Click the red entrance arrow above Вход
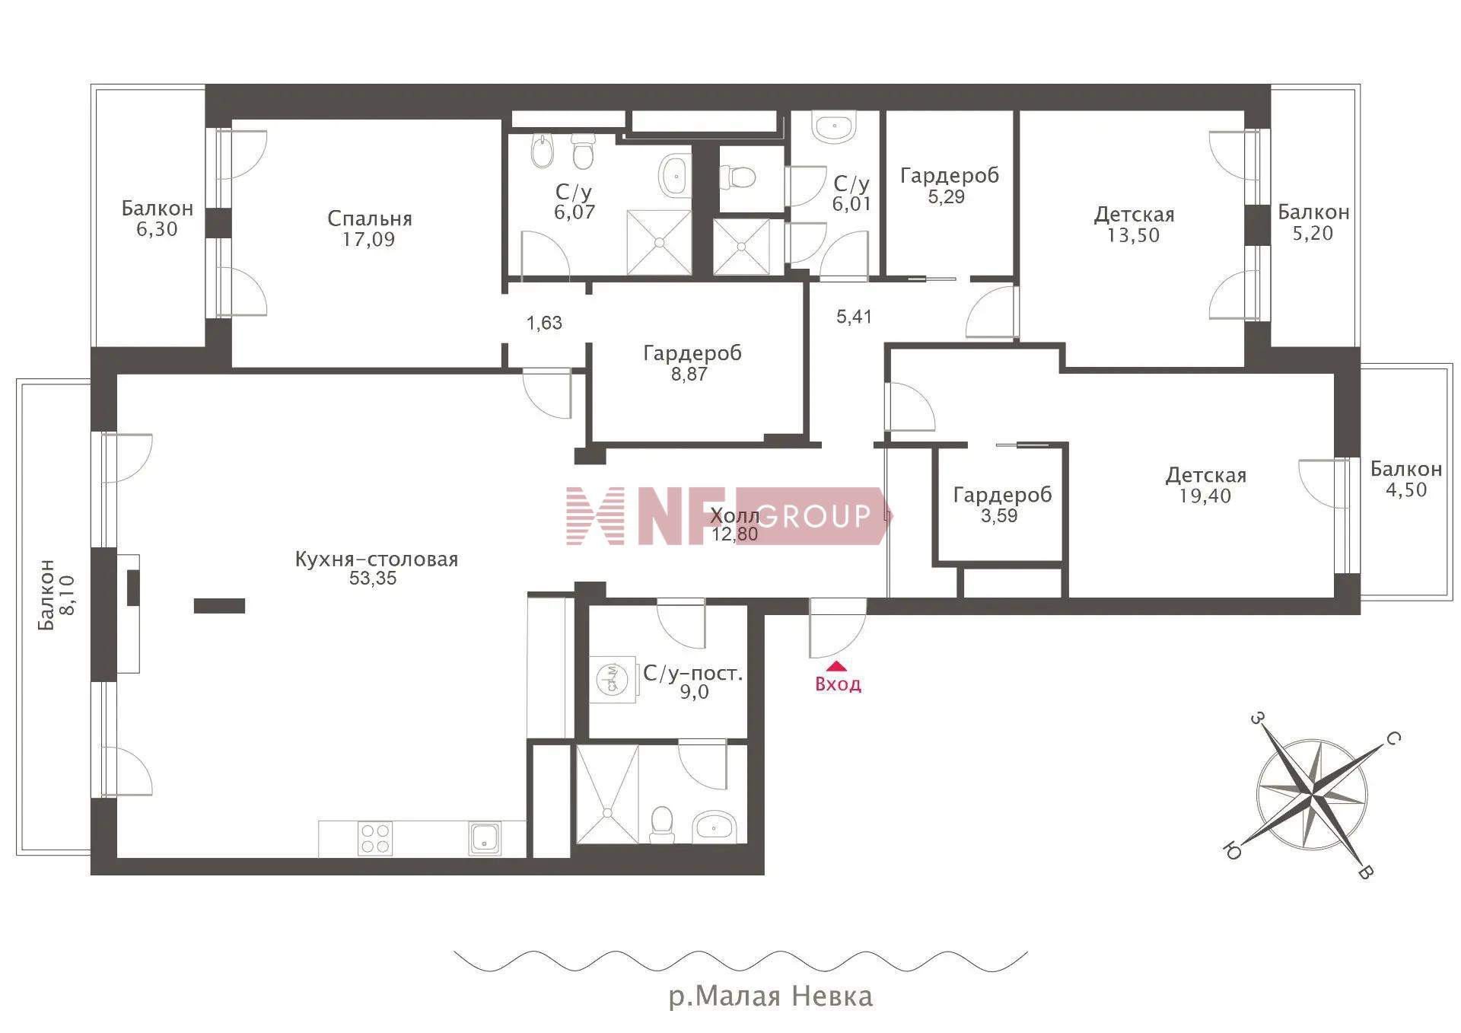[836, 665]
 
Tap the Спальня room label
[370, 219]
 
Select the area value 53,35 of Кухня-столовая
[373, 579]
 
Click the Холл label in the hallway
[734, 516]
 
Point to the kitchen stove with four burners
[375, 838]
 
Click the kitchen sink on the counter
[484, 838]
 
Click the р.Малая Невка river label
[770, 996]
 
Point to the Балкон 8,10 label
[57, 595]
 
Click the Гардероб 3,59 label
[1002, 505]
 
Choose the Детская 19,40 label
[1206, 486]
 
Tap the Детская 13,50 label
[1134, 225]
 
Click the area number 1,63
[544, 323]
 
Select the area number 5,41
[854, 317]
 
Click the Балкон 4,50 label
[1406, 480]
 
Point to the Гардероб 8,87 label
[692, 363]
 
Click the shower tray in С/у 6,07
[659, 243]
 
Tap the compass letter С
[1392, 738]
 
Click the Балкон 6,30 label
[158, 218]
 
